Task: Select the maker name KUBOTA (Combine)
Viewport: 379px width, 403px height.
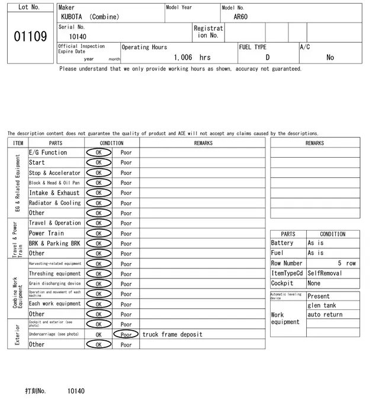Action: tap(90, 17)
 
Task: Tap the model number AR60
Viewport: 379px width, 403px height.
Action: tap(240, 17)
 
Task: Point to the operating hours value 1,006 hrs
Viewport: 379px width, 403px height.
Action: tap(192, 57)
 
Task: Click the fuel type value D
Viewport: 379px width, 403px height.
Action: tap(267, 57)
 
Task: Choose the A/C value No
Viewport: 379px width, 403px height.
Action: tap(330, 57)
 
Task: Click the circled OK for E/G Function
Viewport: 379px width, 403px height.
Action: tap(98, 152)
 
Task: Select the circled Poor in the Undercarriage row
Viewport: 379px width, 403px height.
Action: tap(126, 334)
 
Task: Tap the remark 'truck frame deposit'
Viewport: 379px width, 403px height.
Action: tap(172, 334)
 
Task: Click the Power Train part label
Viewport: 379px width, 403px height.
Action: tap(46, 234)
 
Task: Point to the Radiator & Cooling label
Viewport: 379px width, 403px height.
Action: tap(54, 203)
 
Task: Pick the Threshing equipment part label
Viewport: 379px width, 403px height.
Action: tap(54, 274)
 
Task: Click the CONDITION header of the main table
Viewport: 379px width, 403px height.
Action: tap(112, 143)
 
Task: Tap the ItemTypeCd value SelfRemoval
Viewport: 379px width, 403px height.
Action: tap(325, 273)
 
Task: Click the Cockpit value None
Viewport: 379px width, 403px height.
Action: tap(314, 283)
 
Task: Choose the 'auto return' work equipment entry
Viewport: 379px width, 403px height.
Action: tap(325, 315)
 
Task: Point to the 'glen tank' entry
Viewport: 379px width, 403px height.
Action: tap(322, 305)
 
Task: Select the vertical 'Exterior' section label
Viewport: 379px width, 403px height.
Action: tap(18, 334)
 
